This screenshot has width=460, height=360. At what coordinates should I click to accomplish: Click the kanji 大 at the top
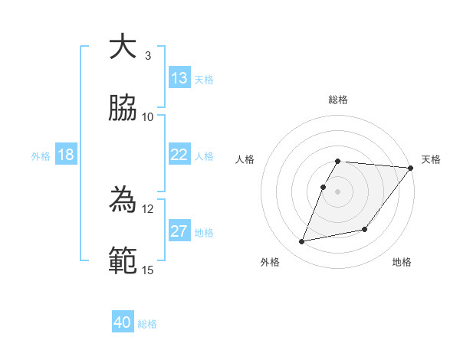click(x=123, y=47)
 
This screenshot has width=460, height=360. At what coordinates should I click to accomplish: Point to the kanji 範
click(x=123, y=260)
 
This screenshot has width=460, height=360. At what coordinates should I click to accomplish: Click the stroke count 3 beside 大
click(x=148, y=56)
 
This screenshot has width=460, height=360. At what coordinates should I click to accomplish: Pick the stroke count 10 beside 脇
click(x=148, y=116)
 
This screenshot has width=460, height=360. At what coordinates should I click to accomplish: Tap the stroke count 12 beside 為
click(x=148, y=208)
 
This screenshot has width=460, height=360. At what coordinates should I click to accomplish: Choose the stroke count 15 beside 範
click(x=148, y=269)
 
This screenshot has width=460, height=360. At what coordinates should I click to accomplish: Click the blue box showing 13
click(x=179, y=78)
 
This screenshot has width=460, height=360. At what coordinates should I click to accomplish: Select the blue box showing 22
click(x=179, y=155)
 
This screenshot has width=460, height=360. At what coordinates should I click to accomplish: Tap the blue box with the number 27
click(x=179, y=231)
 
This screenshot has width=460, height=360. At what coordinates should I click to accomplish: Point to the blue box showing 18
click(x=66, y=155)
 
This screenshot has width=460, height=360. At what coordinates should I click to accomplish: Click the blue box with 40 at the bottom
click(x=123, y=322)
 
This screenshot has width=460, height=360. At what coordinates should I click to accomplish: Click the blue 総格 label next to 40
click(x=148, y=324)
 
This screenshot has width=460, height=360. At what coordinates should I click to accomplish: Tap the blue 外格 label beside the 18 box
click(x=41, y=156)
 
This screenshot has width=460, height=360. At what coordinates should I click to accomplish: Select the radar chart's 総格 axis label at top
click(x=338, y=100)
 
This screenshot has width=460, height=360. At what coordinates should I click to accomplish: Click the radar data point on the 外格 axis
click(x=302, y=242)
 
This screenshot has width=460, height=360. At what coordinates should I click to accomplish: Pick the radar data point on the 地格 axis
click(x=366, y=229)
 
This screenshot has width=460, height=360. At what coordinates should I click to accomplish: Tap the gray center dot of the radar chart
click(x=338, y=191)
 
